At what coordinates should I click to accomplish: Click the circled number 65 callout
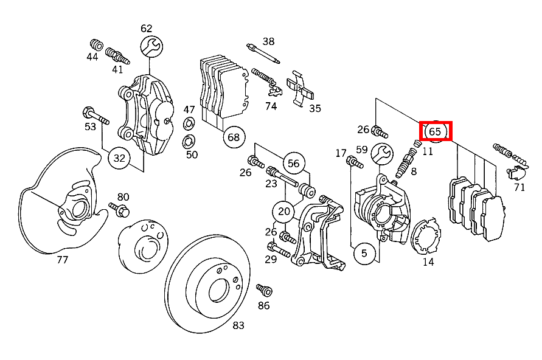point(435,131)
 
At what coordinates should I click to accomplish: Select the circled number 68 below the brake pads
point(234,137)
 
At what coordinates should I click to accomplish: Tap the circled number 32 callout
point(120,159)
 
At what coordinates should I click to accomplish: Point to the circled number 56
point(294,163)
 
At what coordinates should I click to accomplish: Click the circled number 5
point(364,253)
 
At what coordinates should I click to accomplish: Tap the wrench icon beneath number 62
point(151,46)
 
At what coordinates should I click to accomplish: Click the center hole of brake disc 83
point(218,291)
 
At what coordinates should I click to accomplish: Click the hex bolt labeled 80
point(120,211)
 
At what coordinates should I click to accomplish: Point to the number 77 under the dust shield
point(62,260)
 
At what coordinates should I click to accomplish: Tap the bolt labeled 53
point(93,114)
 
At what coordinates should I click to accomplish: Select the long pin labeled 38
point(263,54)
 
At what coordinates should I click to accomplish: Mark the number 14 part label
point(428,262)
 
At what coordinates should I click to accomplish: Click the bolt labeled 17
point(355,162)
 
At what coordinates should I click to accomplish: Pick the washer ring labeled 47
point(189,125)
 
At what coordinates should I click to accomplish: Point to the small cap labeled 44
point(95,44)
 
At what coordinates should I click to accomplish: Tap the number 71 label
point(519,187)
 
